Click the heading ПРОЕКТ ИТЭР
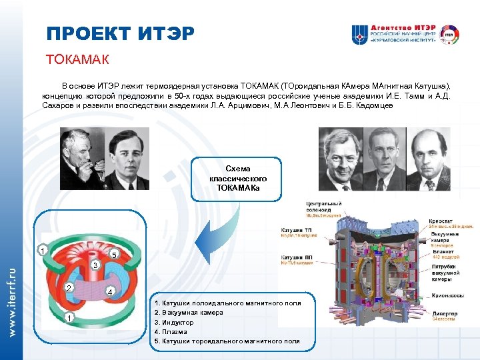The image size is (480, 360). pos(121,33)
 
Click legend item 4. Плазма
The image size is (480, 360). pos(171,331)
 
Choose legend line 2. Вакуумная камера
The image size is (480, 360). pos(188,313)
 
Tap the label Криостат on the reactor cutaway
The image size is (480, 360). pos(441,220)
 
